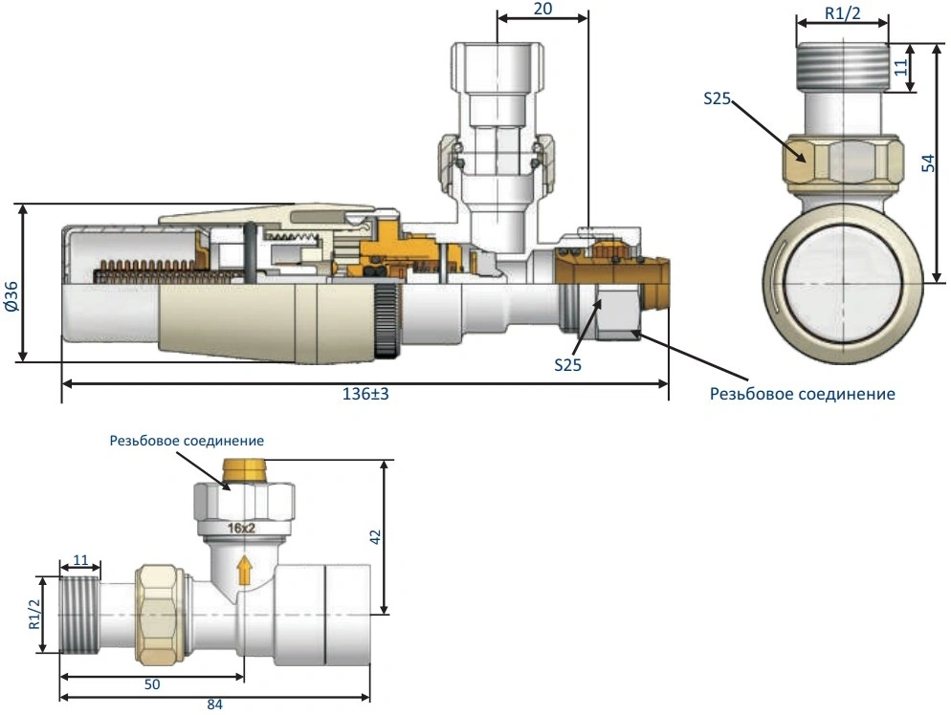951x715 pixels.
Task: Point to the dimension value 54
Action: point(926,163)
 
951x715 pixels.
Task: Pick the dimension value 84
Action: point(216,705)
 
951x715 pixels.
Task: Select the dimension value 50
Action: point(151,685)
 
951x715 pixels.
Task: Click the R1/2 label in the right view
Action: point(842,15)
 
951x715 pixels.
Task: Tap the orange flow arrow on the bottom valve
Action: point(244,571)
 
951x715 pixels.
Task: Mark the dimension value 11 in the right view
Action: point(900,68)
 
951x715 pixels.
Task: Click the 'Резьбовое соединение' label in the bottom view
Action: point(187,441)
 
